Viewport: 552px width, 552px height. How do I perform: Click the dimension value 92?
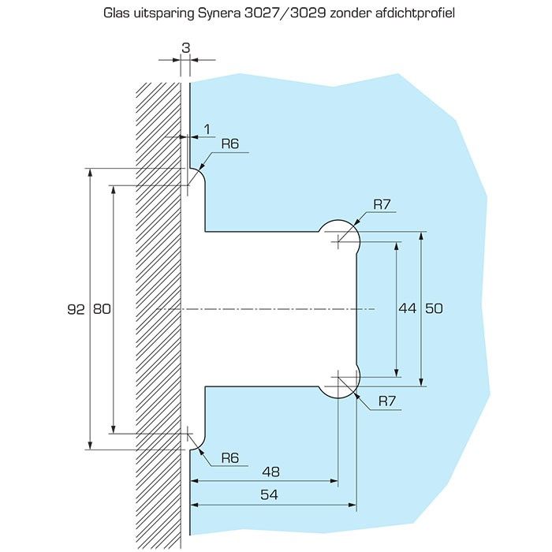pyautogui.click(x=76, y=309)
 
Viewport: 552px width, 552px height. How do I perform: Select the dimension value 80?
pyautogui.click(x=102, y=309)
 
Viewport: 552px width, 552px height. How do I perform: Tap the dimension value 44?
pyautogui.click(x=408, y=308)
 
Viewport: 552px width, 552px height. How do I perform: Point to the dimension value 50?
pyautogui.click(x=434, y=308)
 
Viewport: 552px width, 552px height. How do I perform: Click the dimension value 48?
pyautogui.click(x=271, y=472)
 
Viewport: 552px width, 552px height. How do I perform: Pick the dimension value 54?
pyautogui.click(x=270, y=494)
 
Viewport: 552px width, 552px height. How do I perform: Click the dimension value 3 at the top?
pyautogui.click(x=186, y=47)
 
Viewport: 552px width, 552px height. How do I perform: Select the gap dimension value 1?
pyautogui.click(x=207, y=129)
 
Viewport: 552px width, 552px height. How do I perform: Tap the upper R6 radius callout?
pyautogui.click(x=230, y=144)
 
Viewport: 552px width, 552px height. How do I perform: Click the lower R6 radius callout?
pyautogui.click(x=230, y=457)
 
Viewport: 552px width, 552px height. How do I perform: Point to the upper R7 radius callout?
pyautogui.click(x=382, y=204)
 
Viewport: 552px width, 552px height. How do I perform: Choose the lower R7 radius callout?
pyautogui.click(x=387, y=401)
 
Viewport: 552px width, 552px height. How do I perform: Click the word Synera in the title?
pyautogui.click(x=219, y=13)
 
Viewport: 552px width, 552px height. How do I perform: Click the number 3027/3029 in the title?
pyautogui.click(x=285, y=13)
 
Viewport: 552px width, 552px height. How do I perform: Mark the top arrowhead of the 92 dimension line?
pyautogui.click(x=91, y=173)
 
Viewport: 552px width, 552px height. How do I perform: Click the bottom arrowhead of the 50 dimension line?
pyautogui.click(x=421, y=382)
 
